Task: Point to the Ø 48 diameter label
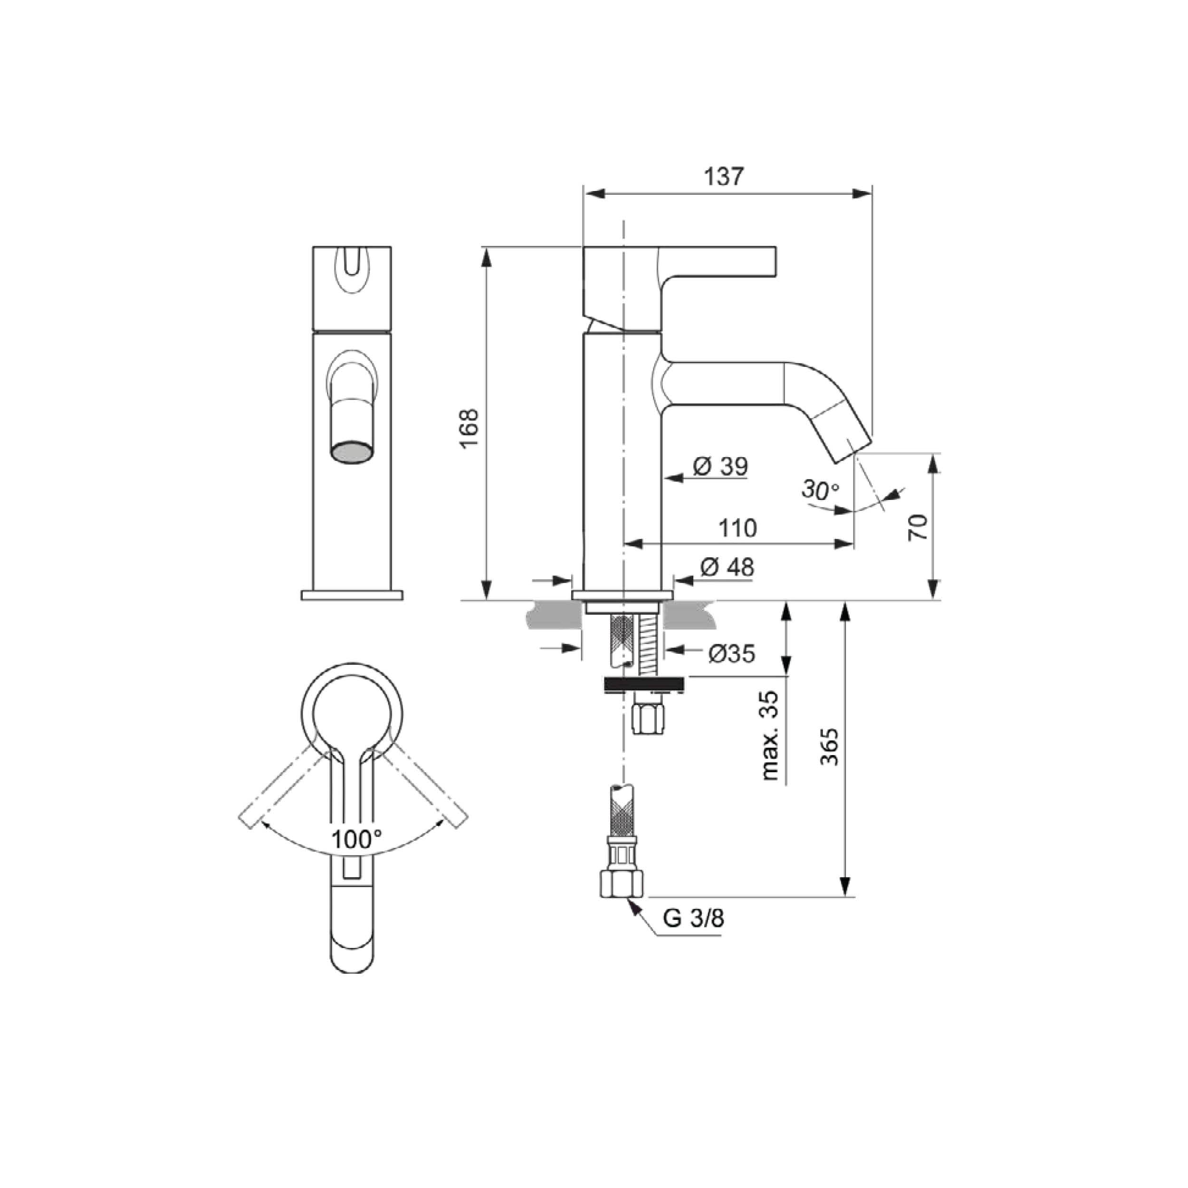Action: coord(726,567)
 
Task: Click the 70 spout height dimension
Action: coord(918,528)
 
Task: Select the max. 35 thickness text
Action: coord(769,736)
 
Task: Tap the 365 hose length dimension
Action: coord(830,747)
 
